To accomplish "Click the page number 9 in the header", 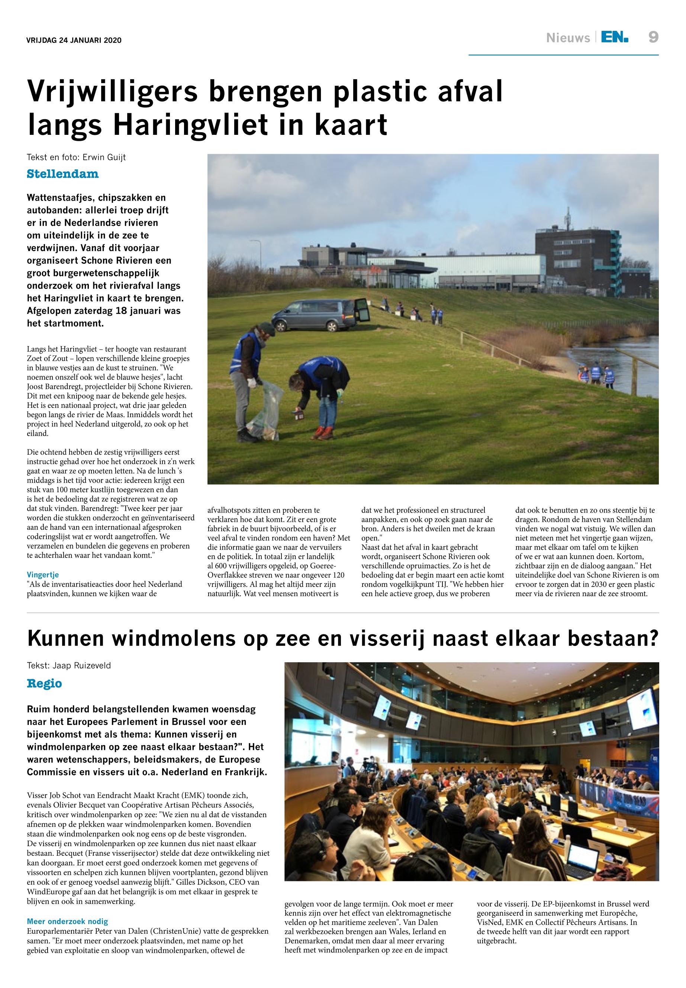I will (653, 38).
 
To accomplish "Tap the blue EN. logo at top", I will (615, 38).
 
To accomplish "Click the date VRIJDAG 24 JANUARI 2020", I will (74, 40).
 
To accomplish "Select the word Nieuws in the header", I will (568, 38).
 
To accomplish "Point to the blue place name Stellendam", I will (63, 174).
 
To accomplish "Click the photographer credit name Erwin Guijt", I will (104, 157).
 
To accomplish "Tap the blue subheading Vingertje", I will (42, 575).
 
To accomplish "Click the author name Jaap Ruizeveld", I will (82, 666).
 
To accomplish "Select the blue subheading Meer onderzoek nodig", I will (67, 922).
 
